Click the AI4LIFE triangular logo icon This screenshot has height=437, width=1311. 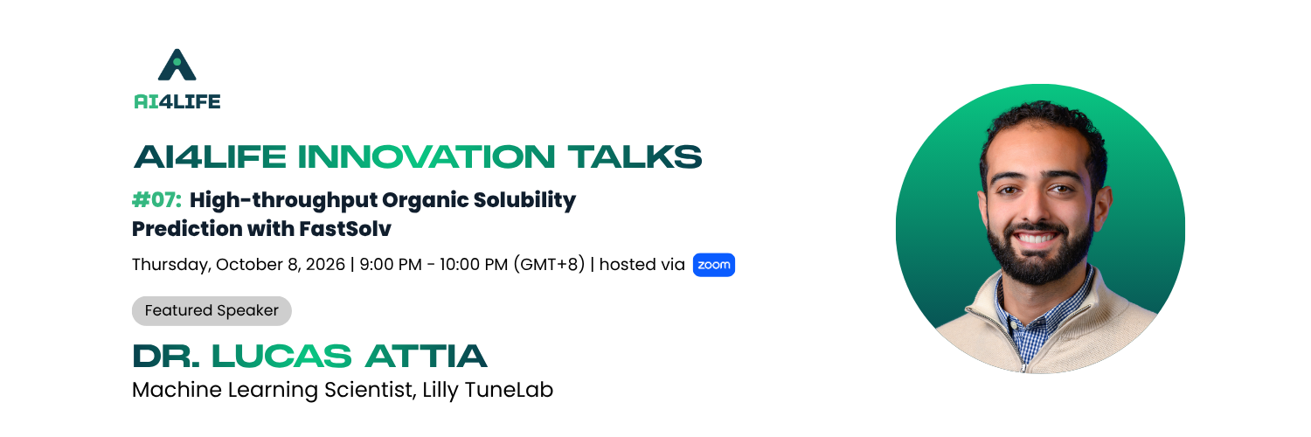tap(177, 65)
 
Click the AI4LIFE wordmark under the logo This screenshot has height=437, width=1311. tap(177, 101)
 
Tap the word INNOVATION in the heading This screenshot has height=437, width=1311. tap(427, 156)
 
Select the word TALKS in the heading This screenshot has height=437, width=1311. tap(635, 156)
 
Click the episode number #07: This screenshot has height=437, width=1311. tap(156, 200)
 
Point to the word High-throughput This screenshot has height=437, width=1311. tap(283, 201)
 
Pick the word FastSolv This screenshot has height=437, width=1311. tap(344, 229)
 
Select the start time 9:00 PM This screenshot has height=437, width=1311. tap(391, 265)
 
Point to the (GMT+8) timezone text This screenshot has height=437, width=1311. tap(549, 265)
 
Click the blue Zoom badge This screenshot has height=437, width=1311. tap(713, 265)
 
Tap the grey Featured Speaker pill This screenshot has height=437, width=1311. tap(212, 310)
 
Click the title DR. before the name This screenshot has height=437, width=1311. tap(166, 357)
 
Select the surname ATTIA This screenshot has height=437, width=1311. tap(427, 357)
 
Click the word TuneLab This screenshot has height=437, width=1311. tap(509, 390)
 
